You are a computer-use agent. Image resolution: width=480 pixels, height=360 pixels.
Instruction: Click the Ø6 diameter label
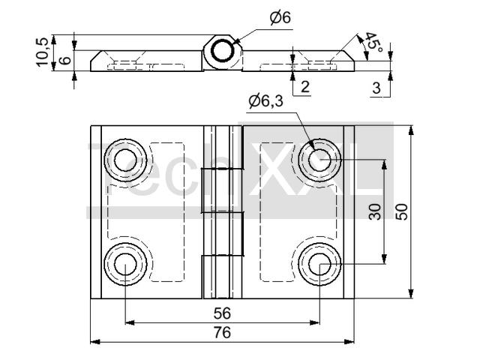(280, 17)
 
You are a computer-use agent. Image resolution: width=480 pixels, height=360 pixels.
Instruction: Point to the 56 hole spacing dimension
(221, 313)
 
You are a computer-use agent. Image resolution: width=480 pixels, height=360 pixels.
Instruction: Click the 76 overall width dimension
(221, 332)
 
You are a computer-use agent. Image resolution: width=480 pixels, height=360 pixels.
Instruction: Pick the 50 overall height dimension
(402, 211)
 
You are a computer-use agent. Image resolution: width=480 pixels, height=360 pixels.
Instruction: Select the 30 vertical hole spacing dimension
(376, 211)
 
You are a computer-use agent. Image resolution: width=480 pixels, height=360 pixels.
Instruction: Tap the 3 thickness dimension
(376, 88)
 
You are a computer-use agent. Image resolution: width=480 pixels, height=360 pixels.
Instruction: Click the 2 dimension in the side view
(305, 87)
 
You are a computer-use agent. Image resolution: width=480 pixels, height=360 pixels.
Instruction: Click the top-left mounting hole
(124, 159)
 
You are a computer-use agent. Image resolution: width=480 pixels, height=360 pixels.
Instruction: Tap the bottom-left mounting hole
(124, 263)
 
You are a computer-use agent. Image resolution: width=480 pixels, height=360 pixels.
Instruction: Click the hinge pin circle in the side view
(223, 52)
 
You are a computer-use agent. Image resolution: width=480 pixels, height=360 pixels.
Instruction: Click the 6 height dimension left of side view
(66, 60)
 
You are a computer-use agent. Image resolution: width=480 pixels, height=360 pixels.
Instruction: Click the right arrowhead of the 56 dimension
(316, 323)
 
